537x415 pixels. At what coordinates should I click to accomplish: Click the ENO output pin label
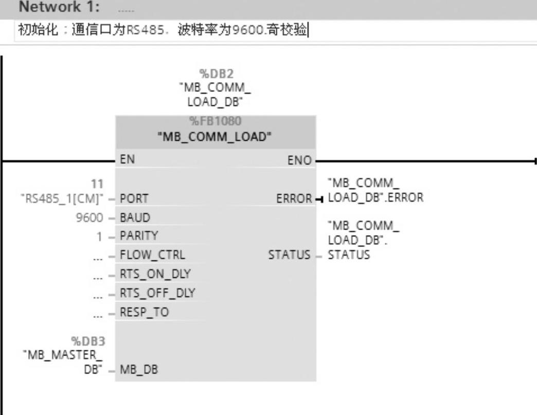click(299, 161)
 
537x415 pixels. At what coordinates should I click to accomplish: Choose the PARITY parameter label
click(139, 236)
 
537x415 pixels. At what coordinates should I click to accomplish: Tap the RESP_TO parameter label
click(144, 312)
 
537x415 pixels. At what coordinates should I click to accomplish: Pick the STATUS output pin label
click(289, 255)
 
